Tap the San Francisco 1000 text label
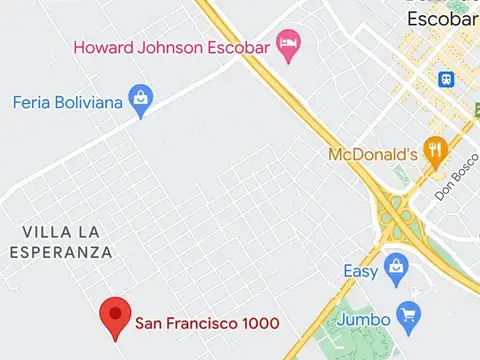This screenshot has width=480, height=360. pyautogui.click(x=207, y=323)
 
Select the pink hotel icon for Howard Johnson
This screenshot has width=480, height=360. pyautogui.click(x=289, y=44)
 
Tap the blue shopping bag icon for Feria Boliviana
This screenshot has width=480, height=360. pyautogui.click(x=142, y=101)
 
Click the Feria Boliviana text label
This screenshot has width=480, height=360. pyautogui.click(x=68, y=102)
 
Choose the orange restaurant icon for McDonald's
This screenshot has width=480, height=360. pyautogui.click(x=434, y=152)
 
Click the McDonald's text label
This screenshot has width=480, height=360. pyautogui.click(x=372, y=155)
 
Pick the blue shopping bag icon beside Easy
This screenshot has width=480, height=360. pyautogui.click(x=397, y=269)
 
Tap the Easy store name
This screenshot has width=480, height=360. pyautogui.click(x=361, y=271)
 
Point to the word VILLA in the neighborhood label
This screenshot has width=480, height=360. pyautogui.click(x=46, y=232)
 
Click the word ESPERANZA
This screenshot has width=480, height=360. pyautogui.click(x=61, y=252)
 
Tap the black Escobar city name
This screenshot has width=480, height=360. pyautogui.click(x=442, y=19)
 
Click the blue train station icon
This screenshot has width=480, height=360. pyautogui.click(x=445, y=78)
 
